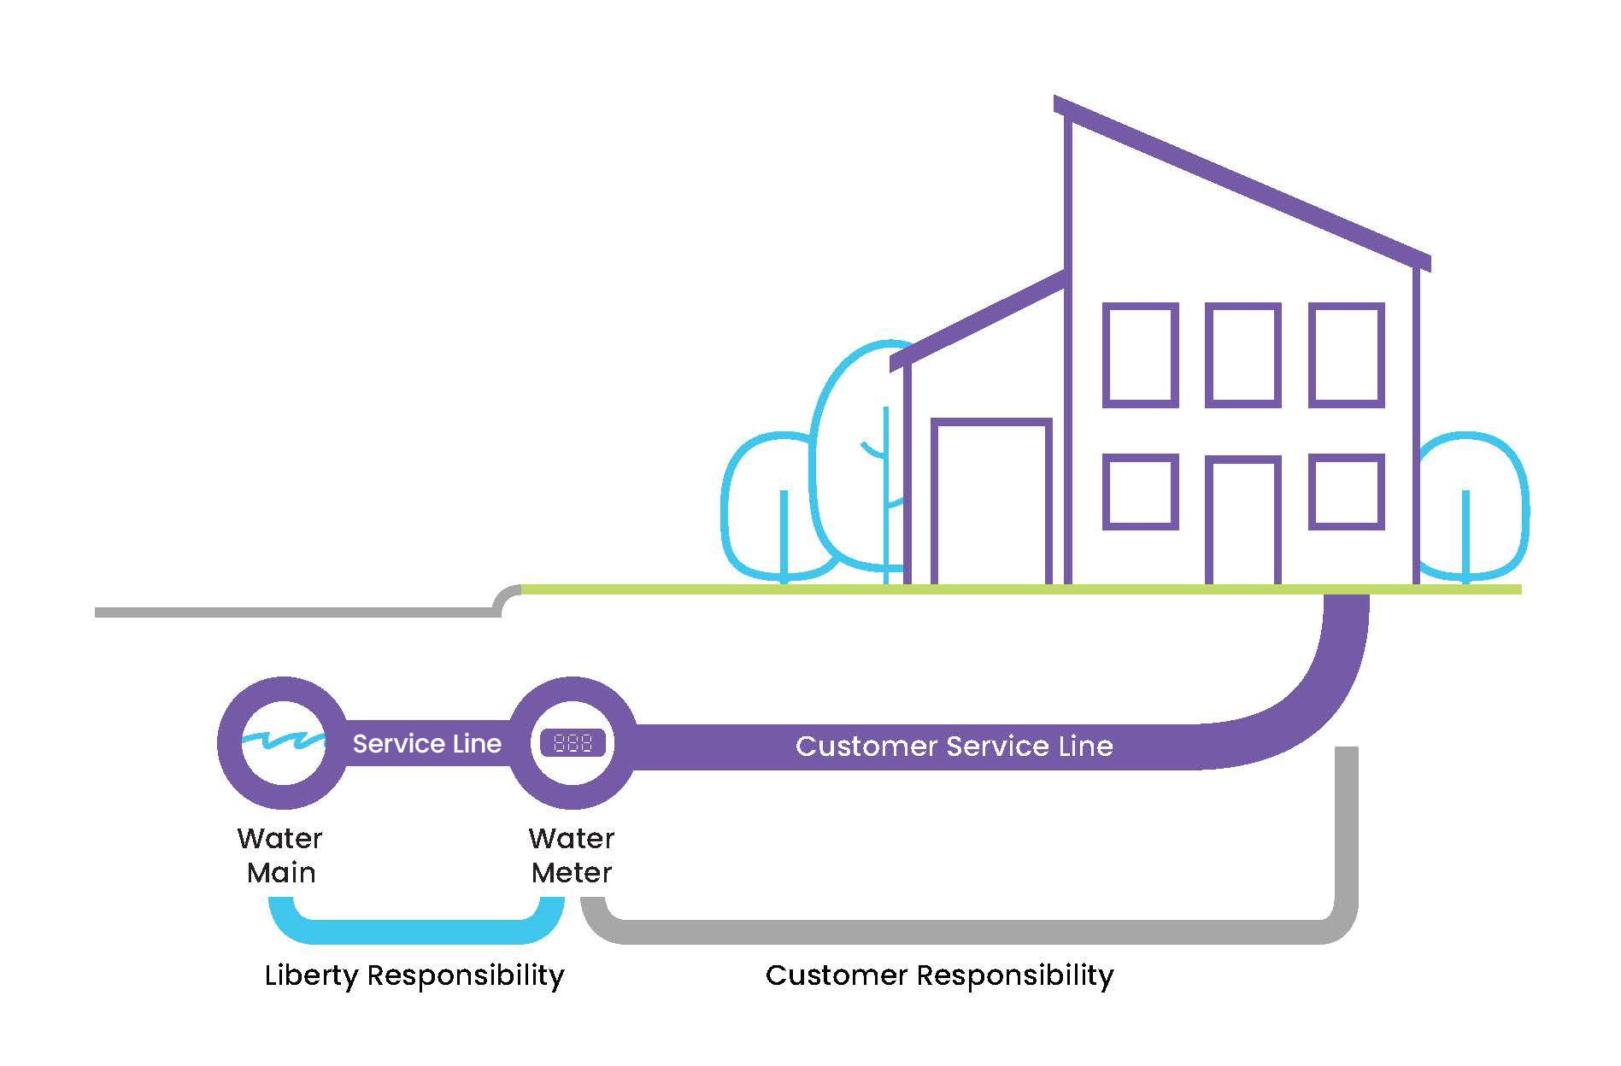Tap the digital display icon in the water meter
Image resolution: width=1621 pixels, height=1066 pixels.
(573, 743)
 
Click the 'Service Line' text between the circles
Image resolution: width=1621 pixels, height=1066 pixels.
(427, 744)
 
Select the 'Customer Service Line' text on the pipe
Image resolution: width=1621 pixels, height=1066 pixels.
(954, 747)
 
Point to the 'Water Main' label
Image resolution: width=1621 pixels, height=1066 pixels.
(280, 855)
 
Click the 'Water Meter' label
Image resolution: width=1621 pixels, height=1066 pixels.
(572, 855)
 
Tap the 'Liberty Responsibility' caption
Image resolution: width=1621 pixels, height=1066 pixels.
(414, 975)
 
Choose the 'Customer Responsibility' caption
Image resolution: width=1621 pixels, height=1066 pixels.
(940, 975)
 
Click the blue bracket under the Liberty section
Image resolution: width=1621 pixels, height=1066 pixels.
(416, 932)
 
